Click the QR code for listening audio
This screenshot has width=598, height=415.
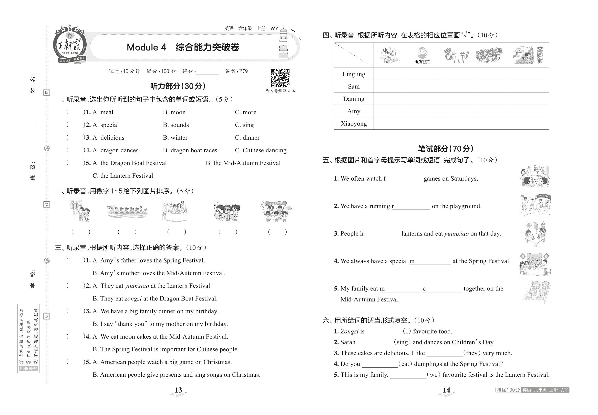pos(280,78)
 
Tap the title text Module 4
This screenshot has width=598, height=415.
pos(146,47)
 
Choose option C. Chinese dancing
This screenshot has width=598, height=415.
pos(260,150)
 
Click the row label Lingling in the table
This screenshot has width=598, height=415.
pos(354,74)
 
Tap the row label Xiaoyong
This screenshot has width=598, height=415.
pos(354,124)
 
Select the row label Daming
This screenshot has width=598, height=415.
pos(354,99)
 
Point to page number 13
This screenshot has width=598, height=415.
pos(178,390)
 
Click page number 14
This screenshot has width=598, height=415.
pos(446,390)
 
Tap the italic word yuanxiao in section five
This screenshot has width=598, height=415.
pos(456,234)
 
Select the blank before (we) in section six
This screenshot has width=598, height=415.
pos(408,375)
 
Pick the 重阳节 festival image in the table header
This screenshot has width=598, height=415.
pos(527,55)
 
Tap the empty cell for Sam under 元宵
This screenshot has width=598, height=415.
pos(423,86)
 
